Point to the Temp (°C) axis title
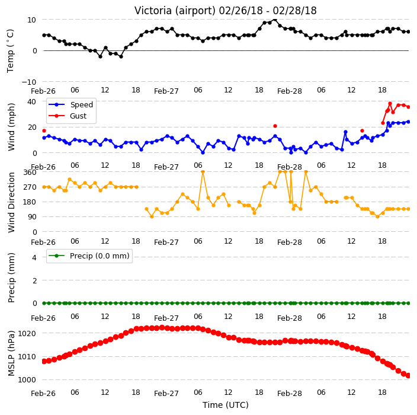tap(10, 51)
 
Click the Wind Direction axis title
tap(11, 202)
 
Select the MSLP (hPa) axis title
tap(11, 353)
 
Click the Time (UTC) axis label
tap(226, 405)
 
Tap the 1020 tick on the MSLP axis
tap(27, 333)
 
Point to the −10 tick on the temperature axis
tap(29, 82)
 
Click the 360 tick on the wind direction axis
tap(30, 173)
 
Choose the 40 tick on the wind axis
tap(31, 102)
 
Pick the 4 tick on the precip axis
tap(34, 257)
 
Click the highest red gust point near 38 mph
tap(390, 104)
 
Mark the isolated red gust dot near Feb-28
tap(275, 126)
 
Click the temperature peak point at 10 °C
tap(275, 20)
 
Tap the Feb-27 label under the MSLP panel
tap(166, 394)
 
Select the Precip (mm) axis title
tap(11, 277)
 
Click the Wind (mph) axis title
tap(11, 127)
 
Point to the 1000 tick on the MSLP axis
tap(27, 380)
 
